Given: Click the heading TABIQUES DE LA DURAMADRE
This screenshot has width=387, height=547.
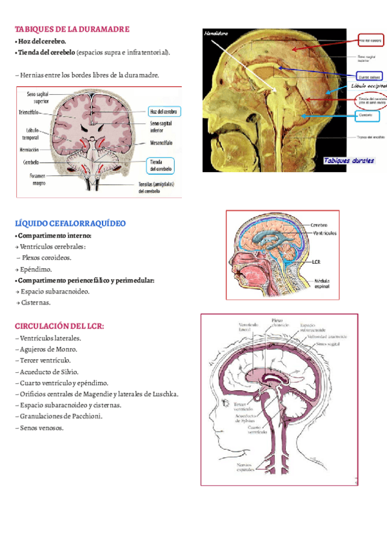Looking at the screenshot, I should [72, 29].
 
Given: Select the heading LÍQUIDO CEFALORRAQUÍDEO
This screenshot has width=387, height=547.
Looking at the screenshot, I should [70, 223].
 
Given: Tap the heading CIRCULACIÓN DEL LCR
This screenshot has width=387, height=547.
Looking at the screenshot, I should [59, 326].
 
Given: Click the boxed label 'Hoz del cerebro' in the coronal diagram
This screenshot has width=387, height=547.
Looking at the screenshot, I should [164, 111].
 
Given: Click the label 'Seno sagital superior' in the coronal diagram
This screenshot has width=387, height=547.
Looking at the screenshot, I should [37, 97].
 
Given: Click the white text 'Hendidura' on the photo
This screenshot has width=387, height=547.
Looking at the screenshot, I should [217, 32].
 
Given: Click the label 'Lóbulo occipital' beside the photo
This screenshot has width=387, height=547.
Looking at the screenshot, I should [369, 85].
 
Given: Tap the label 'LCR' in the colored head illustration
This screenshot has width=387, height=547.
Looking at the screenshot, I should [315, 263].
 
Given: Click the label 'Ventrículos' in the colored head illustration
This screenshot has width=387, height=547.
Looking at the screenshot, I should [325, 233].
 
